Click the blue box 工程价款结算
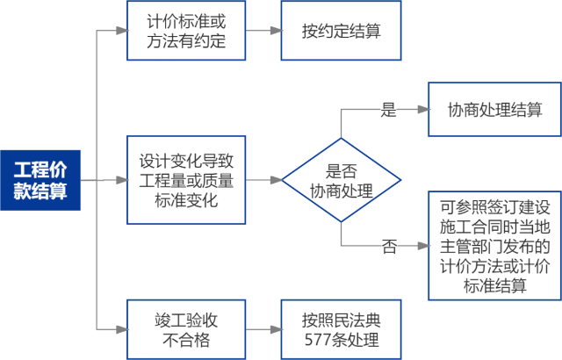click(40, 180)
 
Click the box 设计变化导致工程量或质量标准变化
click(186, 180)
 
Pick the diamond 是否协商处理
click(342, 181)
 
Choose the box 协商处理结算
click(494, 111)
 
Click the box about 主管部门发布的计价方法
click(494, 246)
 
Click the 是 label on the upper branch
click(388, 111)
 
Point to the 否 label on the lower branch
click(388, 247)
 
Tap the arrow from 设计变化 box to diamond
click(263, 181)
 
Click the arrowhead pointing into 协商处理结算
click(422, 111)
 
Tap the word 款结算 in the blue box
click(40, 191)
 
